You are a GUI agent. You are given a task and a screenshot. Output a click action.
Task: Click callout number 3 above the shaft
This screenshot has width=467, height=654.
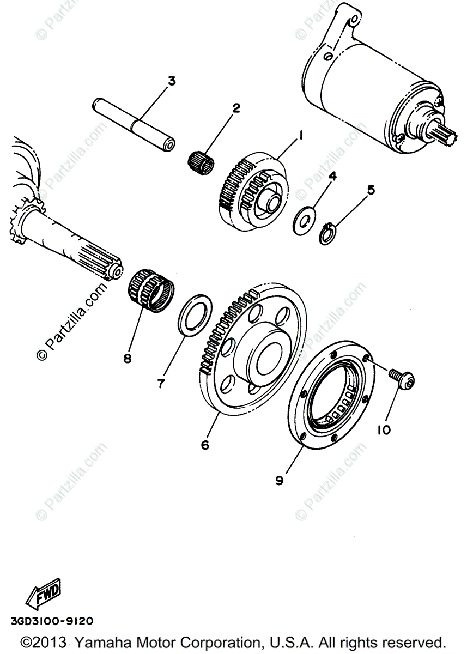172,81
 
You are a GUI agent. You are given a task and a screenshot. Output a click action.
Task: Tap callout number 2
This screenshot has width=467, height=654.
236,108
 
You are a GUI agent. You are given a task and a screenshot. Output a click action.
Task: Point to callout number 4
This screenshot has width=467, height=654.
332,176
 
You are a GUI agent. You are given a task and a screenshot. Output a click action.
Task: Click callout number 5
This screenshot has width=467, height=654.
371,190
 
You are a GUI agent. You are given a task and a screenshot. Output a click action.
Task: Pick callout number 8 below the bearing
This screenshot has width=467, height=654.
128,358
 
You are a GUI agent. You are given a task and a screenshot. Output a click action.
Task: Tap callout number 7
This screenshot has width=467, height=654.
161,384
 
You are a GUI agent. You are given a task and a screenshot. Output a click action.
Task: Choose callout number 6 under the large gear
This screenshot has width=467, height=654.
205,445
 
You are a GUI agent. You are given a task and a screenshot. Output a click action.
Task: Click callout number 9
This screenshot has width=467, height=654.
279,480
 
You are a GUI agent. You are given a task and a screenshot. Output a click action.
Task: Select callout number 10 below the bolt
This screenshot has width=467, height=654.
383,430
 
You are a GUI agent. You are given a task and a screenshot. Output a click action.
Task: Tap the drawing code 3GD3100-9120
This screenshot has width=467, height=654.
51,620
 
